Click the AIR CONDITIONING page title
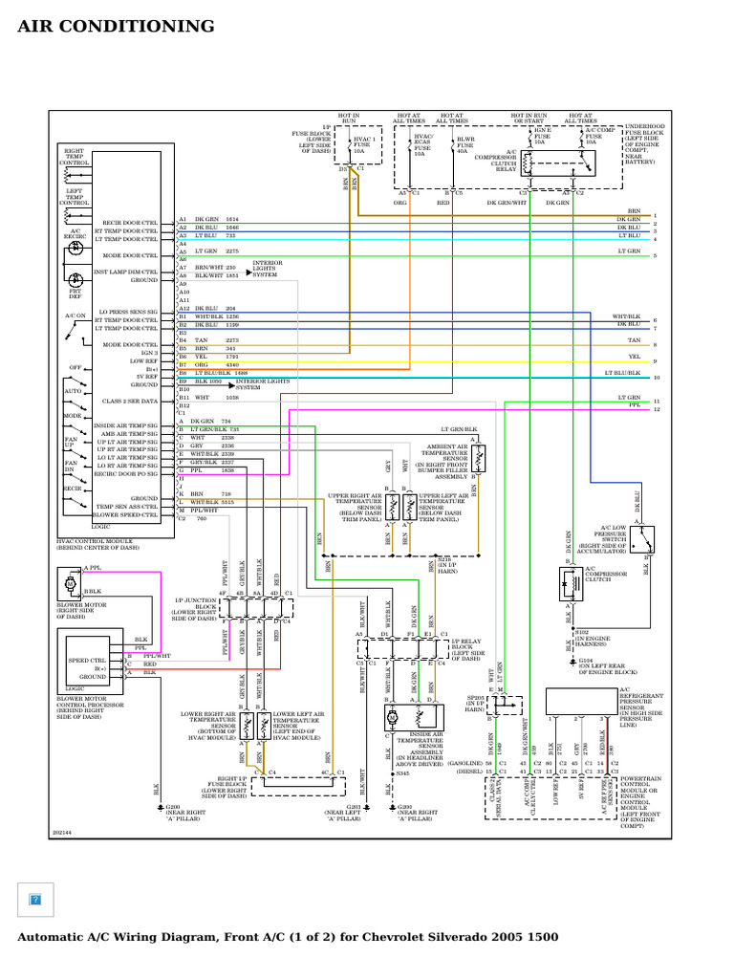pyautogui.click(x=116, y=26)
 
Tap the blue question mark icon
pyautogui.click(x=35, y=900)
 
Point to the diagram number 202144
pyautogui.click(x=62, y=832)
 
